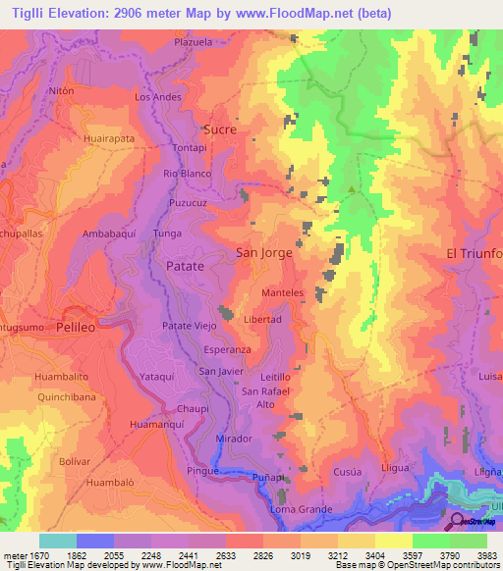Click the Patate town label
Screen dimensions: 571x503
coord(185,266)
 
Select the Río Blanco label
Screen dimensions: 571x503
coord(188,174)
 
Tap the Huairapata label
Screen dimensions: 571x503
coord(109,140)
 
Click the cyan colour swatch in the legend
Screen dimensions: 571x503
coord(58,541)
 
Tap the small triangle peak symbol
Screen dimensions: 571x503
coord(351,189)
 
